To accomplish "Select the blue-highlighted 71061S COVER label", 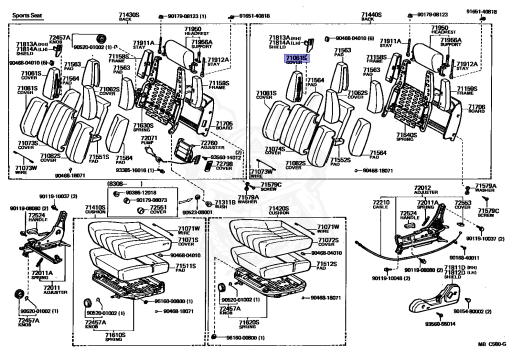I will [296, 60].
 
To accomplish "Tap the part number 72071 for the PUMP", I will [148, 138].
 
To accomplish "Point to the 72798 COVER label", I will [224, 165].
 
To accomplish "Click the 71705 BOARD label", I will [224, 125].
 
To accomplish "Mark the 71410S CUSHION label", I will [95, 208].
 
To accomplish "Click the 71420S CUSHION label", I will [278, 208].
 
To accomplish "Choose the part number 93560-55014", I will [440, 324].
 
